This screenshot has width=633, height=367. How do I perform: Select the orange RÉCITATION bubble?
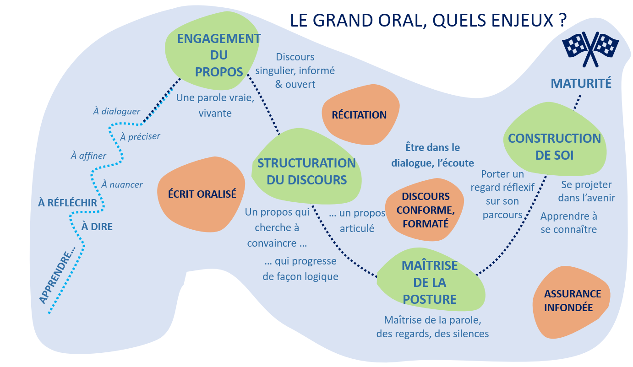[x=360, y=115]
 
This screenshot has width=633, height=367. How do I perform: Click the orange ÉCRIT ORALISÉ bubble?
[x=202, y=194]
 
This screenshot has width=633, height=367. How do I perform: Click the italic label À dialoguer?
[x=116, y=111]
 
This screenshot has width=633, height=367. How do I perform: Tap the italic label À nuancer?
[x=122, y=185]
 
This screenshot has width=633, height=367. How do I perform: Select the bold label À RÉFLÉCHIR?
[x=68, y=203]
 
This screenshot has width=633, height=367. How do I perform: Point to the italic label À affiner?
[x=88, y=156]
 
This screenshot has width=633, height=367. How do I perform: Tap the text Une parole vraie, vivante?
[x=215, y=105]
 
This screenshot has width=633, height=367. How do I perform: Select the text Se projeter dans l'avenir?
[x=588, y=191]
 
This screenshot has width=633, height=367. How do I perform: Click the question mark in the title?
[x=562, y=21]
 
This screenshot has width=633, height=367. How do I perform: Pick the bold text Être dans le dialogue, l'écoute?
[x=432, y=155]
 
